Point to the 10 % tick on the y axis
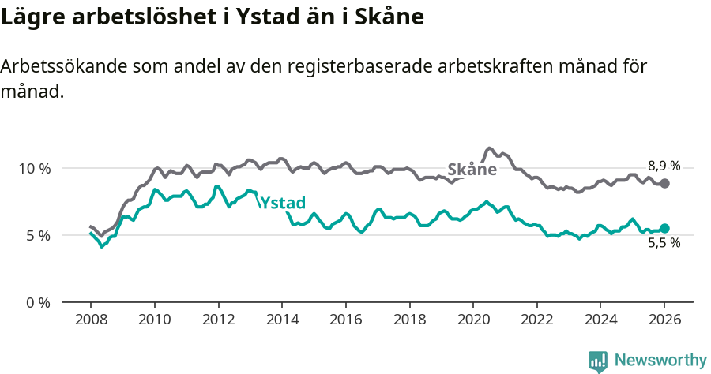pos(35,168)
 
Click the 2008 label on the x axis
pos(91,320)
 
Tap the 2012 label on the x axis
pos(218,320)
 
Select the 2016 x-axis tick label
pos(345,320)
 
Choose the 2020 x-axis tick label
pos(473,320)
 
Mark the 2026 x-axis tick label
pos(664,320)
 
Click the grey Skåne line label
pos(472,169)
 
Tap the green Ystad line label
pos(283,203)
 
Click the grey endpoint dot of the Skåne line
pos(664,183)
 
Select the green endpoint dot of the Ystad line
pos(664,228)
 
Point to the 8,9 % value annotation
pos(664,166)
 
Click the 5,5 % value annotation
pos(664,244)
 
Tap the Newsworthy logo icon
pos(598,361)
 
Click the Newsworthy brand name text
pos(660,361)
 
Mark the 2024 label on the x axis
pos(600,320)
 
